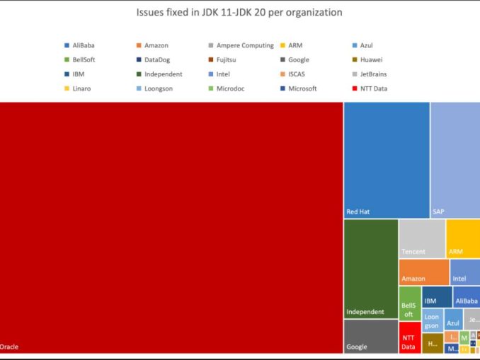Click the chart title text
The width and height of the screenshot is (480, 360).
(240, 13)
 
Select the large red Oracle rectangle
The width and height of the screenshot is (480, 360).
(171, 226)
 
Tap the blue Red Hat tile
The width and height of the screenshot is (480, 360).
(387, 159)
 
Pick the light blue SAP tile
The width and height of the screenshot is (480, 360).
(455, 159)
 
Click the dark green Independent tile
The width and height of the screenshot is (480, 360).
(370, 268)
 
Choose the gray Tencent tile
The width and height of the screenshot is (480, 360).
(422, 238)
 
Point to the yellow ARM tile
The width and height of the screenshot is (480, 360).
(463, 238)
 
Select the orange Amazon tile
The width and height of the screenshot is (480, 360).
(424, 272)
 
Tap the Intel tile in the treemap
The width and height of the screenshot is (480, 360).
(465, 272)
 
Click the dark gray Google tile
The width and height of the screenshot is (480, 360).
(370, 336)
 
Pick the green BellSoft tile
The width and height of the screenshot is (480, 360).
(410, 303)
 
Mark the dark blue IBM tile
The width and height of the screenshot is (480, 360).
(437, 296)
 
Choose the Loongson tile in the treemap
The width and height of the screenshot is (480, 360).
(432, 320)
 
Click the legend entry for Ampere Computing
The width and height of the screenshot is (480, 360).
(241, 45)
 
